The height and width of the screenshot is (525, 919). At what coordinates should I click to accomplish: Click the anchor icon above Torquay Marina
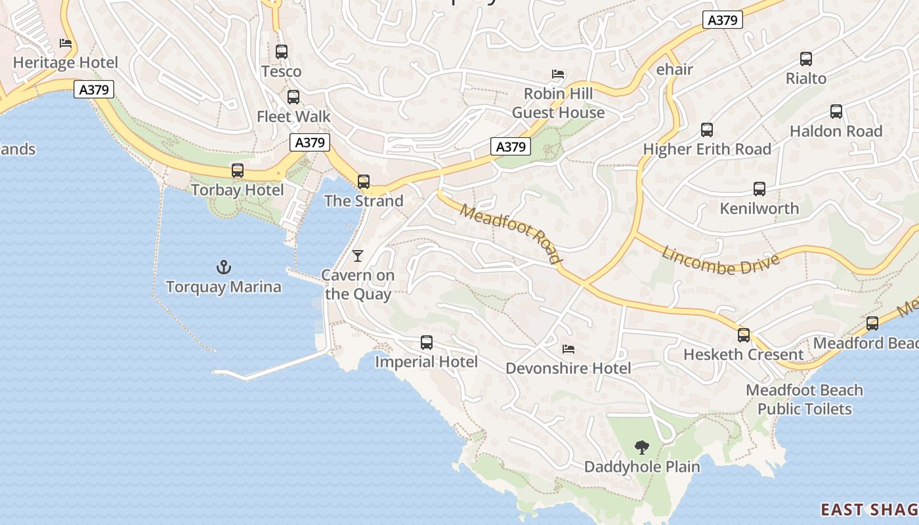[x=224, y=267]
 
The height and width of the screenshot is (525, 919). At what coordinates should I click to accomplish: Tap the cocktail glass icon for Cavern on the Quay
[x=358, y=255]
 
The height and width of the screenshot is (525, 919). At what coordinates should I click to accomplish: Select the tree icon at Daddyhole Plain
[x=642, y=448]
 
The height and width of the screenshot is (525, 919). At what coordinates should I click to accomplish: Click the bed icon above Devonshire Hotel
[x=568, y=349]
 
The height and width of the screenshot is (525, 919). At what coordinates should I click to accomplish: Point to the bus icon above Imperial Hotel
[x=427, y=342]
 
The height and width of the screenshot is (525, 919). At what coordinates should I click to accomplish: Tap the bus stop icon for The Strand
[x=364, y=182]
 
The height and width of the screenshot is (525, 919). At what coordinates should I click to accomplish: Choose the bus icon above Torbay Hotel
[x=238, y=171]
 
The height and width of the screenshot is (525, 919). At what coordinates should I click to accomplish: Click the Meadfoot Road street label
[x=511, y=234]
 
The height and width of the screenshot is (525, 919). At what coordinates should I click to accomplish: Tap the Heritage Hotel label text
[x=66, y=63]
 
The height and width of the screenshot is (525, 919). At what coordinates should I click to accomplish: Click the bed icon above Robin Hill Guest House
[x=558, y=74]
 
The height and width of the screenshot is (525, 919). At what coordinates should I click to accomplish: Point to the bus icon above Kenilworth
[x=759, y=189]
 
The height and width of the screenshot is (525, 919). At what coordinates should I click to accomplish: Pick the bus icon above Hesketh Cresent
[x=744, y=335]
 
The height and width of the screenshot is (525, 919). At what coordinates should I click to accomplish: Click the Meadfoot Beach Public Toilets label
[x=804, y=400]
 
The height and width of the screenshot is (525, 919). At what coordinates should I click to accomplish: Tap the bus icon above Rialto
[x=806, y=59]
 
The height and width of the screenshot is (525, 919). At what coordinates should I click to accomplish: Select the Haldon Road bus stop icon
[x=836, y=112]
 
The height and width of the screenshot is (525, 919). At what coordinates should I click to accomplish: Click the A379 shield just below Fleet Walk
[x=310, y=142]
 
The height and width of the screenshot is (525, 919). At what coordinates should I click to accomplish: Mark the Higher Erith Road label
[x=707, y=150]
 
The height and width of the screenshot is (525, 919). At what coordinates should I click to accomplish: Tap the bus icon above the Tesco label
[x=282, y=52]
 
